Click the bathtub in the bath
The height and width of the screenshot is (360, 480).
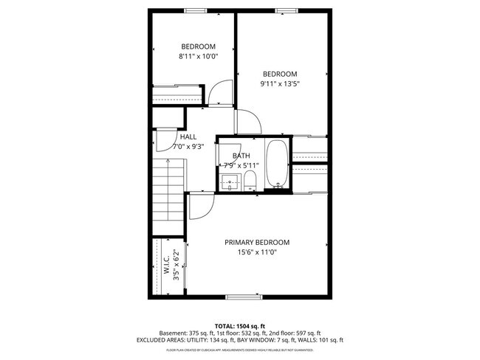278,164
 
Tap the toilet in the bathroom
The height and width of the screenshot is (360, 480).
250,181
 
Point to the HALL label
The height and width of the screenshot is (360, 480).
188,136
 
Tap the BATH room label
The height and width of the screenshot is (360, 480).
241,156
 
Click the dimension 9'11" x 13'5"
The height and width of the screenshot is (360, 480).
280,83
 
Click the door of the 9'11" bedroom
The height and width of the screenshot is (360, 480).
246,122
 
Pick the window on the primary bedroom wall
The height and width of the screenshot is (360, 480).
244,297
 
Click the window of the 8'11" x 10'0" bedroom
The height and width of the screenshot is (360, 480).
195,10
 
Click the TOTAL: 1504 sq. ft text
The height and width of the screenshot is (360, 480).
240,325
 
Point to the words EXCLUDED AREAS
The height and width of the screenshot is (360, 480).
163,340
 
